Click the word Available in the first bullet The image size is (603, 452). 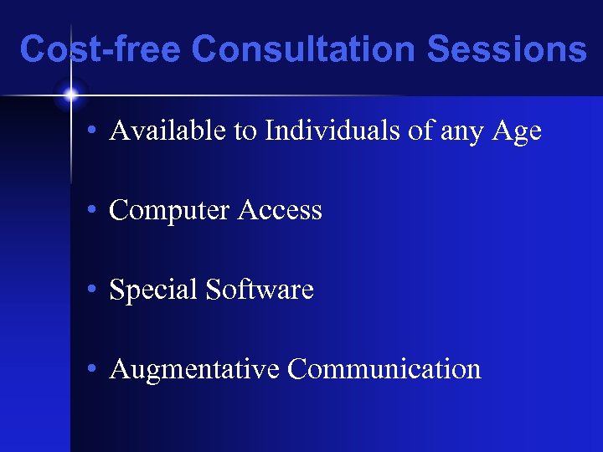click(158, 131)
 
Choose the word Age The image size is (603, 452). click(518, 132)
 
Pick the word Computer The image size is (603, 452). click(170, 211)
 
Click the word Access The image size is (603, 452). click(280, 210)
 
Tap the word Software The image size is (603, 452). click(260, 290)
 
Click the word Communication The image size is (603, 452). click(384, 369)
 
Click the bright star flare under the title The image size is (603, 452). click(70, 95)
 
